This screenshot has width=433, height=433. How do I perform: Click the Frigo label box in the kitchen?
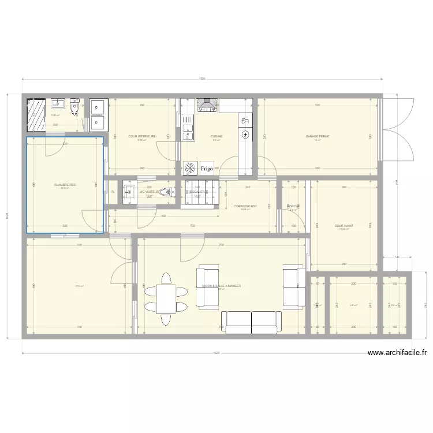tap(207, 169)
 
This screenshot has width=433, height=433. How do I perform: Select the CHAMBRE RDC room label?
tap(65, 185)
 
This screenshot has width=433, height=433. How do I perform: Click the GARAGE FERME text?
tap(317, 137)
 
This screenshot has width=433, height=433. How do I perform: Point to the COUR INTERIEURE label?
tap(141, 137)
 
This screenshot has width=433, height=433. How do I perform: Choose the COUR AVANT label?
tap(344, 226)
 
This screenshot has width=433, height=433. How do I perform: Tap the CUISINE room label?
tap(216, 137)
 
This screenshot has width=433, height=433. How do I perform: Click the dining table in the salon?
tap(166, 298)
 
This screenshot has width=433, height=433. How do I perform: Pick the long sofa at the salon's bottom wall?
tap(252, 322)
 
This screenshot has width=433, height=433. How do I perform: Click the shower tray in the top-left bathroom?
tap(36, 115)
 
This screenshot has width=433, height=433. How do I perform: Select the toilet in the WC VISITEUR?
tap(166, 192)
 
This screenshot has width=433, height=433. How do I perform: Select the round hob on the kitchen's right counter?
tap(245, 135)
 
